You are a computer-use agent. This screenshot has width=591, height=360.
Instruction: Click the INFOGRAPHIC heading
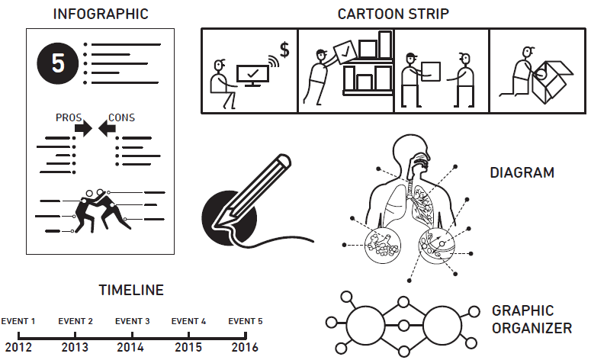(101, 14)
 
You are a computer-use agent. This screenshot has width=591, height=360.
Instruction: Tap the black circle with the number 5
(58, 63)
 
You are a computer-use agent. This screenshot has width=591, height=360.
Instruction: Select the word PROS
(69, 117)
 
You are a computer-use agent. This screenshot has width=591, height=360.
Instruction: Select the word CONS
(121, 117)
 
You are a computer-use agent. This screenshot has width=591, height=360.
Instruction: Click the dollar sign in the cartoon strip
(284, 50)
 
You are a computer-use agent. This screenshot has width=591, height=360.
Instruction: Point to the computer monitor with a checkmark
(253, 75)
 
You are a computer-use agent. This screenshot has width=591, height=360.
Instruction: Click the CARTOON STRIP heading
(393, 14)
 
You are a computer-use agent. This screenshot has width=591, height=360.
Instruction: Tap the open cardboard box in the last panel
(552, 81)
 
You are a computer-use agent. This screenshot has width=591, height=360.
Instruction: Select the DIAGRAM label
(522, 172)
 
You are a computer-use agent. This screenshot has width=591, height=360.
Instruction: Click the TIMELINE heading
(131, 290)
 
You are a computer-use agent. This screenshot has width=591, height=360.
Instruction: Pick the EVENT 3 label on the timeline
(132, 321)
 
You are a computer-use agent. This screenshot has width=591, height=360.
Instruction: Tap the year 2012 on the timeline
(18, 347)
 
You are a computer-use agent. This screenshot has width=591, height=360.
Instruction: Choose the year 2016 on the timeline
(245, 347)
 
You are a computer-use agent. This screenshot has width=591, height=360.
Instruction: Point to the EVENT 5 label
(246, 321)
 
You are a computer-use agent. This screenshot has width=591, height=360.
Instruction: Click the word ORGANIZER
(532, 328)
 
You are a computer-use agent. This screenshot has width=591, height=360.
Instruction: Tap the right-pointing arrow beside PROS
(83, 128)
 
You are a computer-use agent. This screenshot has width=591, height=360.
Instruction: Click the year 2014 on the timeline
(130, 347)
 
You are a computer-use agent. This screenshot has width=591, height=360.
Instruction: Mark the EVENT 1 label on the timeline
(18, 321)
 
